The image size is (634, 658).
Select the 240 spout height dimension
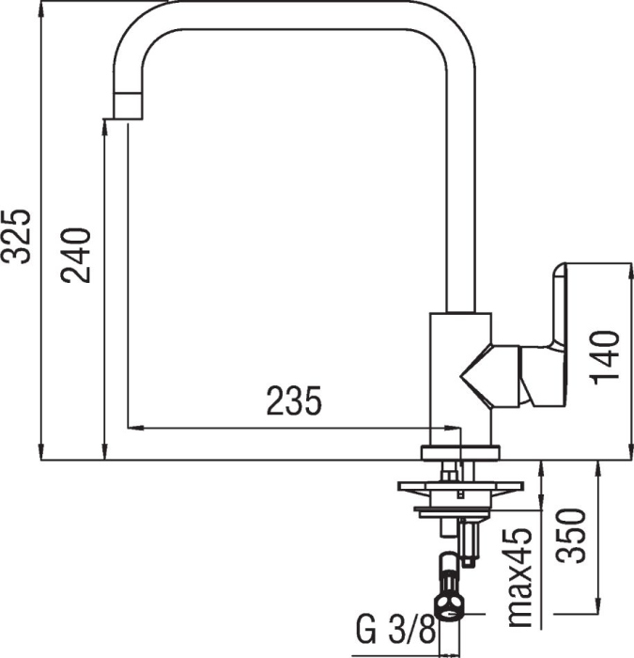[x=75, y=255]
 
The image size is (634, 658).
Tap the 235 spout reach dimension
[x=294, y=402]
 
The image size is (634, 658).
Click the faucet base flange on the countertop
[x=460, y=452]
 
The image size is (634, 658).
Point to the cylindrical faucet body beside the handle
[x=459, y=376]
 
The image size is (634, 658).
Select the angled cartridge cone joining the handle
[x=488, y=376]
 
